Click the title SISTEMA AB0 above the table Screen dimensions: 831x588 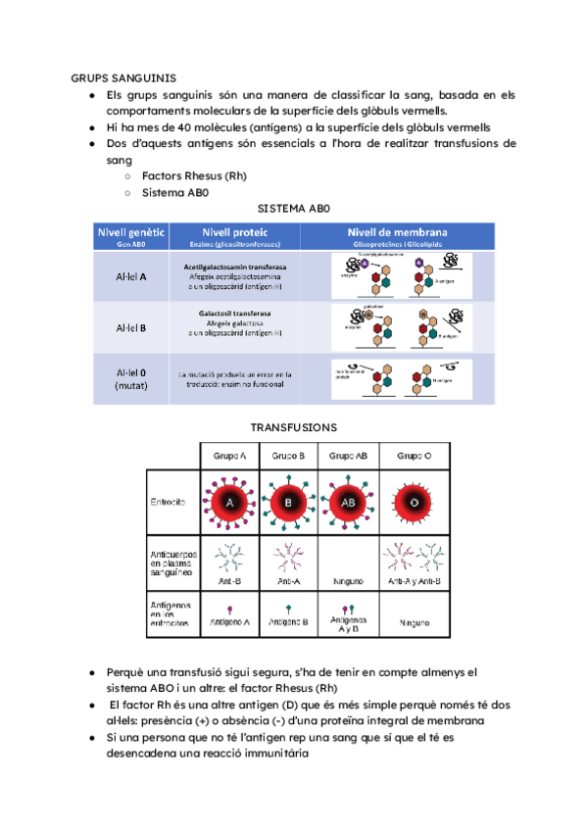(x=294, y=209)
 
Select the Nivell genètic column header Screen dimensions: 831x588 (x=130, y=234)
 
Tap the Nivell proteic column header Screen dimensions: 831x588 (x=229, y=234)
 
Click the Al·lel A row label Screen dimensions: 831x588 (x=130, y=276)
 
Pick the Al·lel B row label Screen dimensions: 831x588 (x=130, y=327)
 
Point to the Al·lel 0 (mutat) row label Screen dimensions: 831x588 (x=130, y=378)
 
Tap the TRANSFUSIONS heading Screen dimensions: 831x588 (x=294, y=427)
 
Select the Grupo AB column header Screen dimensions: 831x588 (x=348, y=457)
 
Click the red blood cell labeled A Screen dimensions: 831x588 (x=229, y=503)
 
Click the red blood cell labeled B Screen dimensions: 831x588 (x=289, y=503)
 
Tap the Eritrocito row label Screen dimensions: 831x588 (x=170, y=503)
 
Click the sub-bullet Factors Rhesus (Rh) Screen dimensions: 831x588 (x=193, y=176)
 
